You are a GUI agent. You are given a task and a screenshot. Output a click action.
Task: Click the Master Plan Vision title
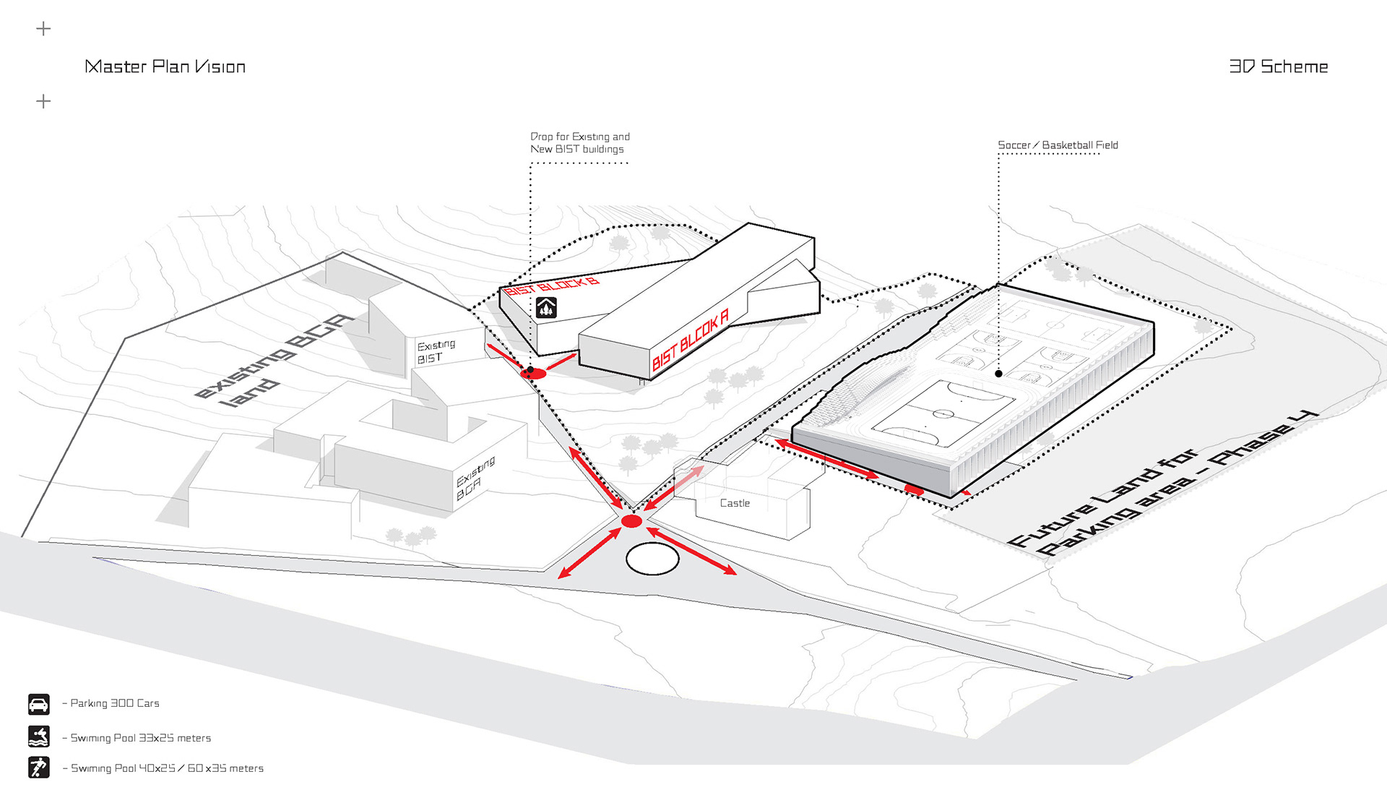point(165,66)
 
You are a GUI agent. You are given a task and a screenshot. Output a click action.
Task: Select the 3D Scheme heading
point(1278,66)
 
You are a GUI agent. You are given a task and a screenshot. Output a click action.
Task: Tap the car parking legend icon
point(39,704)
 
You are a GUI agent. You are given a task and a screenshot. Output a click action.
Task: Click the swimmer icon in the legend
point(39,737)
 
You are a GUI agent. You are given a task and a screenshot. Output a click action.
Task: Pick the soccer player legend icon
point(39,767)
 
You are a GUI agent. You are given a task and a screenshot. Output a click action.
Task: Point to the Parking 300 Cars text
point(114,703)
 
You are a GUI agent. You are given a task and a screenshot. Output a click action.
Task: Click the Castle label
point(735,503)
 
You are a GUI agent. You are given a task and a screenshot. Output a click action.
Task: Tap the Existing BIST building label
point(436,351)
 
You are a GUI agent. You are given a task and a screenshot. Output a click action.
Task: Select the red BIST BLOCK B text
point(552,286)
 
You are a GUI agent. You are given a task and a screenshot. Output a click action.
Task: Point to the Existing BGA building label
point(475,478)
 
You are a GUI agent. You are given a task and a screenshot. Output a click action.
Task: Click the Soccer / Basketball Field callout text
point(1058,145)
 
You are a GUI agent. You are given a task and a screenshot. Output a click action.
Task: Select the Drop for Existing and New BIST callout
point(579,142)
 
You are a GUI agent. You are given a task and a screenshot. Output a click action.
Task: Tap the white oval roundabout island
point(652,559)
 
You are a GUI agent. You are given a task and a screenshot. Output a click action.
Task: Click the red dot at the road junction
point(631,521)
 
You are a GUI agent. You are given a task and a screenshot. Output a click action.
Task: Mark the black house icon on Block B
point(546,307)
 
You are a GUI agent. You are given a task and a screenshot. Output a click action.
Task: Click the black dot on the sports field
point(998,374)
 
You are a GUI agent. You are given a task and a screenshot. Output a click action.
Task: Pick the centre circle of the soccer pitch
point(943,413)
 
